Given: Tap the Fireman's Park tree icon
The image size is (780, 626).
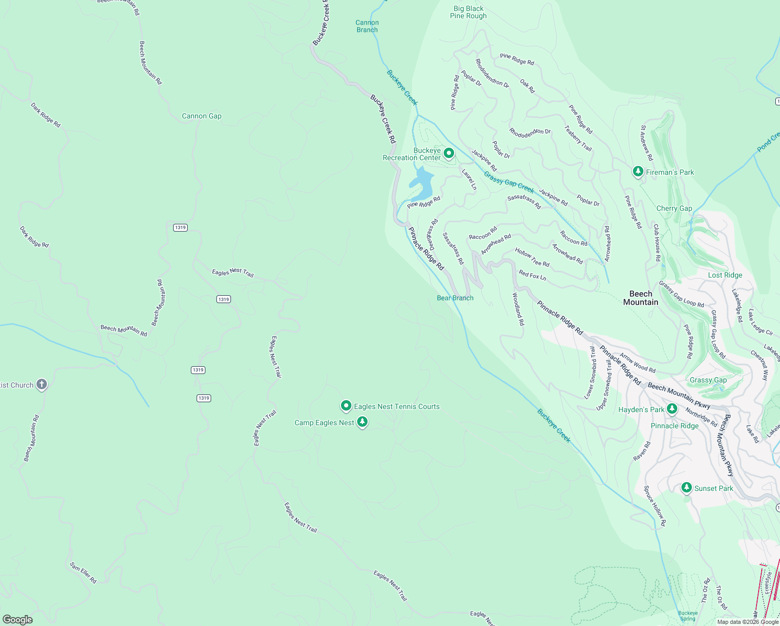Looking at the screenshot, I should pos(637,171).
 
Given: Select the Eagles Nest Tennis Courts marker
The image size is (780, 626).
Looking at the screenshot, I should pos(346,406).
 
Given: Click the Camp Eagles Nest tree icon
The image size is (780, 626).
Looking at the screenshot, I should pos(362,422).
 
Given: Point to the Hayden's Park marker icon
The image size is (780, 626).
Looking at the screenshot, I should pos(672,409).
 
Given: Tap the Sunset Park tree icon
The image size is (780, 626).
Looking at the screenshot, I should pos(687,488).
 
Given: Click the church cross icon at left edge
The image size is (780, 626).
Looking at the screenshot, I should pos(42,384).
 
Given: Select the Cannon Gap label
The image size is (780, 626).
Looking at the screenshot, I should pos(201,116).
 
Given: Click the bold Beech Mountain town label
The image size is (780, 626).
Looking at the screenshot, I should pos(641,298).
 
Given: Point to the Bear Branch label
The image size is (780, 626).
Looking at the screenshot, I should pos(455,298).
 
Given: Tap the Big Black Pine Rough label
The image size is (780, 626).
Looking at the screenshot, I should pos(468,12).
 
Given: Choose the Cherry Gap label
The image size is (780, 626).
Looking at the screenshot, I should pos(674,208).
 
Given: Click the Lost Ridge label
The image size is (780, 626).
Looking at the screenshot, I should pos(725,275).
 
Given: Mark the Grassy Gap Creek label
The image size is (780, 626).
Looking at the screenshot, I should pos(509,182).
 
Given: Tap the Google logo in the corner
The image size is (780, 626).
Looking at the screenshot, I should pos(17,619).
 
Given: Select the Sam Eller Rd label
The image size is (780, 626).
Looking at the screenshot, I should pos(83,572).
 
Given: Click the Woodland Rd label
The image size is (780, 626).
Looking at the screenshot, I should pos(518,309).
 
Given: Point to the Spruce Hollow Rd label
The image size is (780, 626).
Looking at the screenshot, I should pos(654,505).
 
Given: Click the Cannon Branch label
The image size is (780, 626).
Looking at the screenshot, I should pos(367,26).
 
